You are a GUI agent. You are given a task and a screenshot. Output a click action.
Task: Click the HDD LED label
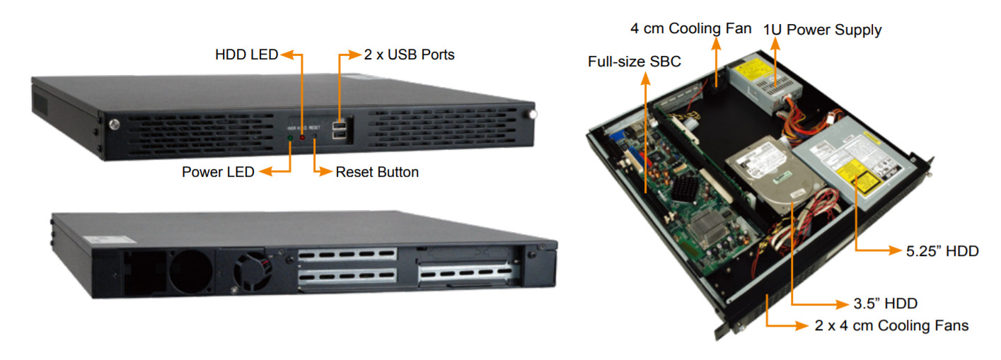tap(247, 54)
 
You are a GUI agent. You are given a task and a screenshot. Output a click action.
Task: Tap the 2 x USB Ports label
tap(409, 54)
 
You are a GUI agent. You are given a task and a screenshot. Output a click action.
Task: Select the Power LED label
tap(218, 172)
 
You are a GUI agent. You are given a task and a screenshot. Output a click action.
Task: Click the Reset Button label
tap(377, 172)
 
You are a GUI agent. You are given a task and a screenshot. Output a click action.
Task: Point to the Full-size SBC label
tap(634, 62)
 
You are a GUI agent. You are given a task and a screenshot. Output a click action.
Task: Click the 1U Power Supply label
tap(822, 30)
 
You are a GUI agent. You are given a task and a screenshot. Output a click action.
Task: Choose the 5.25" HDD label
tap(943, 250)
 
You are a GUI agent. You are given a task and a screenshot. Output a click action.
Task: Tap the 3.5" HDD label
tap(886, 303)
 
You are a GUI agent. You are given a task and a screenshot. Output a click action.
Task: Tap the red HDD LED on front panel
tap(302, 137)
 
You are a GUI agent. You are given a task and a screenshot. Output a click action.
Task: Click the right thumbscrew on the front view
tap(532, 114)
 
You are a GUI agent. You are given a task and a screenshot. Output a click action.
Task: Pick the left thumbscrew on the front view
tap(114, 124)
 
